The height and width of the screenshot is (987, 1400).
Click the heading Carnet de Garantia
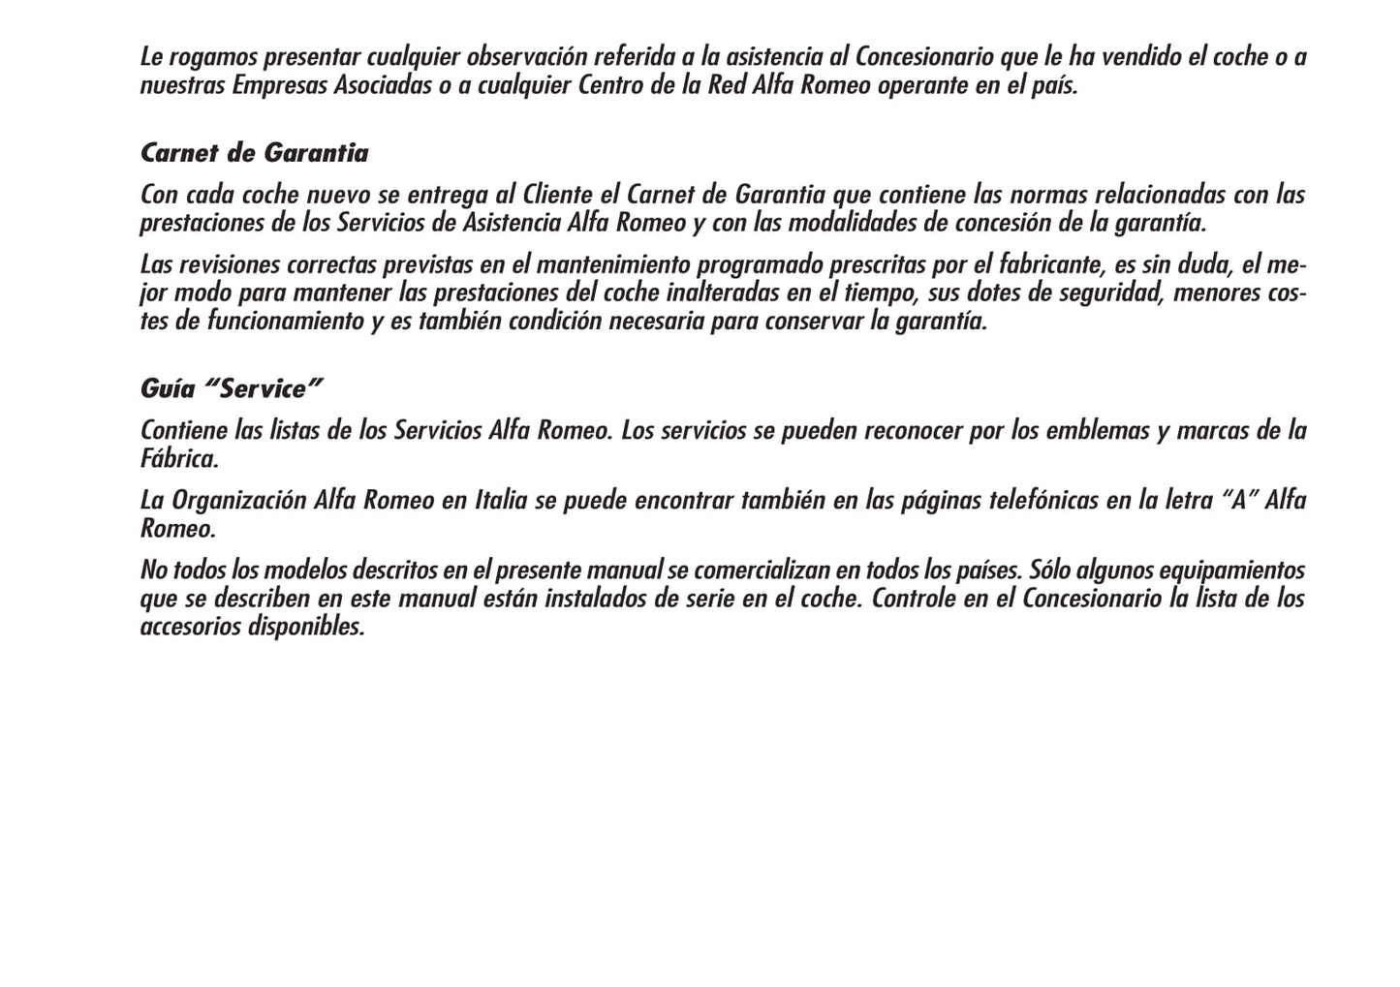pyautogui.click(x=254, y=153)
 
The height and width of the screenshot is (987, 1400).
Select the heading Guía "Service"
pyautogui.click(x=231, y=389)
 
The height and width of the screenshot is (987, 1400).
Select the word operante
pyautogui.click(x=922, y=85)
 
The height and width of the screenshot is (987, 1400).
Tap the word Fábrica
pyautogui.click(x=179, y=458)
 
